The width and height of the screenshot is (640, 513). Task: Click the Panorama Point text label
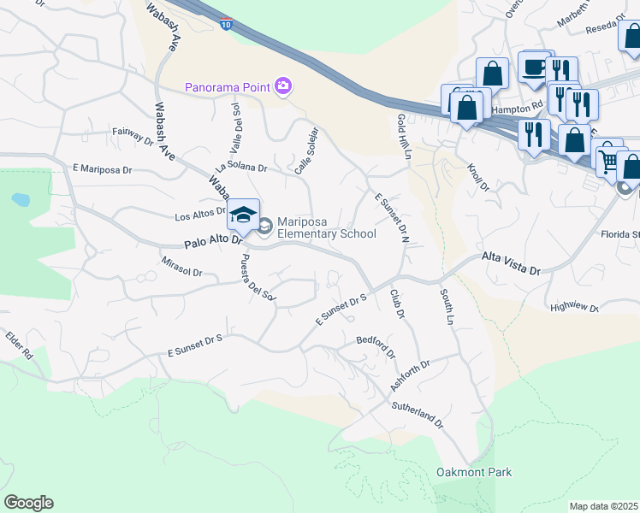click(227, 86)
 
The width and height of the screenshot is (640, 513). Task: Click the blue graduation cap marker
click(244, 214)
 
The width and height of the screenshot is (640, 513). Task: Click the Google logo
click(28, 503)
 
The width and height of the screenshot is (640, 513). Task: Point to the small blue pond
click(19, 200)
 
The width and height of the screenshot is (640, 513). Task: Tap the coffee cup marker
click(535, 68)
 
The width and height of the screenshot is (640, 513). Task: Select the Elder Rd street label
click(19, 347)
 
